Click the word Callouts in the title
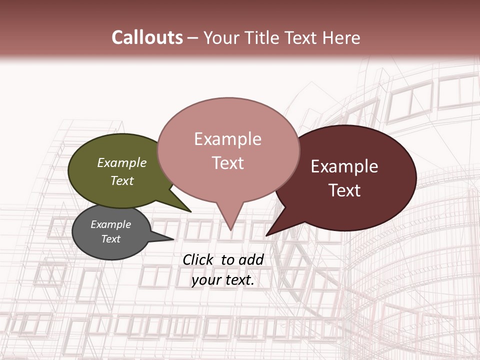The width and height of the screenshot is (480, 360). click(147, 37)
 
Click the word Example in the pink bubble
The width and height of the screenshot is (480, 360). click(227, 139)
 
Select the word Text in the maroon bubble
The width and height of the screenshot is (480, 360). click(344, 190)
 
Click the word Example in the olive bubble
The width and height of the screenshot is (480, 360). click(121, 163)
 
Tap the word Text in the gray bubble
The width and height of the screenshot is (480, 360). click(110, 239)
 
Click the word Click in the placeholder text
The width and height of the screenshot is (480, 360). click(198, 259)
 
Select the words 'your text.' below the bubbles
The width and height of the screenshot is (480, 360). click(222, 280)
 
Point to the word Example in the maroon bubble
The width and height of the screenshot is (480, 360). click(344, 166)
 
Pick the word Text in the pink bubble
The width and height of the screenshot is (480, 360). click(227, 163)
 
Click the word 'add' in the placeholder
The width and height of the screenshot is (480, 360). click(251, 259)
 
